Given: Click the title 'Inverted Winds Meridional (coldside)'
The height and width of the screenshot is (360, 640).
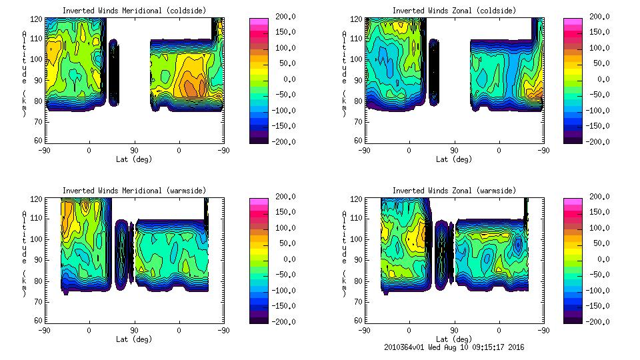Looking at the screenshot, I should point(134,11).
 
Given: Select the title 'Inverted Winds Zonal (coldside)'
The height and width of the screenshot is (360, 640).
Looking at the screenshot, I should point(454,11).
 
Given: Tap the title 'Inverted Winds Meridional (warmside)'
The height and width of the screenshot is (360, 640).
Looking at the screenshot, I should point(134,191).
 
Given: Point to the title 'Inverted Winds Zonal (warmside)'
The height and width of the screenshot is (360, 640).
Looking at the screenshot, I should point(454,191).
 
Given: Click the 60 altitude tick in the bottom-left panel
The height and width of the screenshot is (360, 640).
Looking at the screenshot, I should point(39,321).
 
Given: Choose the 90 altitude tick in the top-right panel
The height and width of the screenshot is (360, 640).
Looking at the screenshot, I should point(359,79).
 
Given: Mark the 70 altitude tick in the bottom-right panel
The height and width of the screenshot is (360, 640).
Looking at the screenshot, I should point(359,301).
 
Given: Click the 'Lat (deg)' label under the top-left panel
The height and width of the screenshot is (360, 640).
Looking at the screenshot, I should point(134,159).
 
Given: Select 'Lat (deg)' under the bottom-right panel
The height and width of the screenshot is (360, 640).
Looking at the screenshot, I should point(454,339).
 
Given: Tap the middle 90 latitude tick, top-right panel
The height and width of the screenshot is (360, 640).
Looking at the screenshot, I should point(454,150).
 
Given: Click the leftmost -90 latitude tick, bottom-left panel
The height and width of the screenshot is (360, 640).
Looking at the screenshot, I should point(44,330).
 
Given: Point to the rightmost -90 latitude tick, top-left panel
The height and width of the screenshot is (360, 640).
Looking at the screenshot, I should point(224,150).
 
